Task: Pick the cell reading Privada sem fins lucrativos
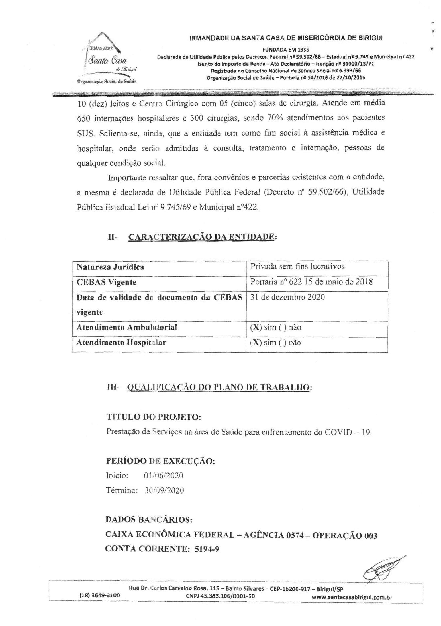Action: [297, 266]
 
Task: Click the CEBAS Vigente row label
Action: [106, 282]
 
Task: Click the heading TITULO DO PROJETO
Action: [154, 417]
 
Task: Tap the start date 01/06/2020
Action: [163, 476]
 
